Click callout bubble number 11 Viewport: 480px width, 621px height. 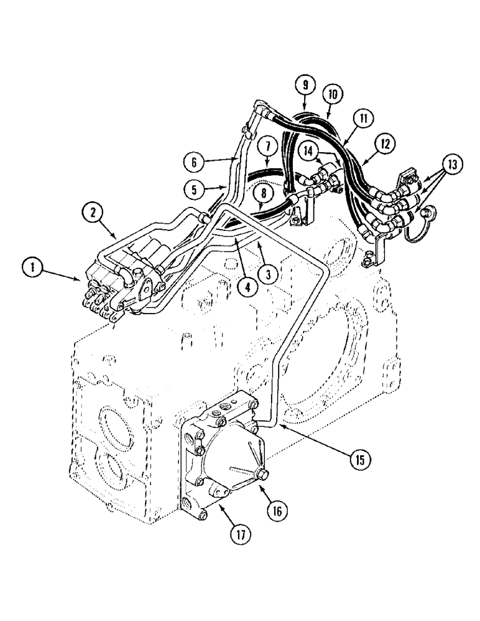361,117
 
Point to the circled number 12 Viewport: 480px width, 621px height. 385,144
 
